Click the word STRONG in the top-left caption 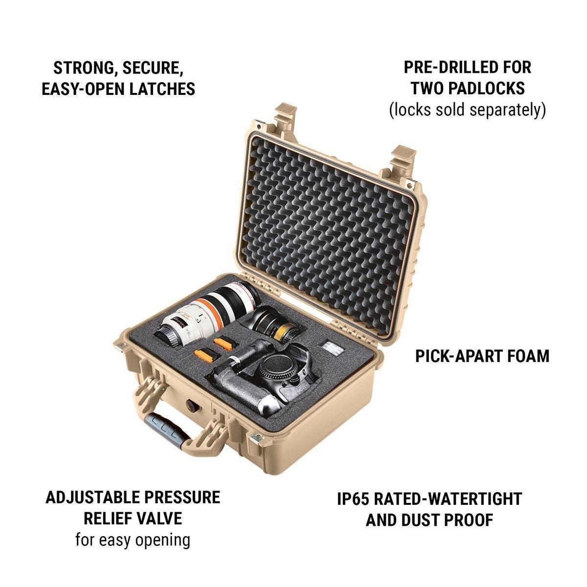[82, 68]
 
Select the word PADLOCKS [487, 89]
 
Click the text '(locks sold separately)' [468, 110]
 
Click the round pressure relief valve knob [191, 404]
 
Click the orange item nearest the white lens [223, 343]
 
